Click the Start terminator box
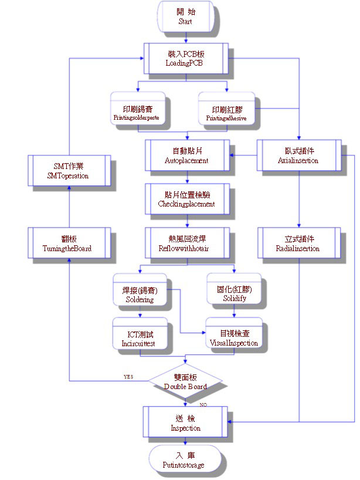tap(185, 16)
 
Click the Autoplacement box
tap(187, 156)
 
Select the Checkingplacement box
tap(187, 200)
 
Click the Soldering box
tap(140, 295)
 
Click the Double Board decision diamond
tap(185, 382)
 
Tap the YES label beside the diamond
tap(128, 377)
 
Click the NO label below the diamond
tap(203, 405)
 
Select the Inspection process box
tap(186, 423)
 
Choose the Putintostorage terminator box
tap(185, 459)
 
